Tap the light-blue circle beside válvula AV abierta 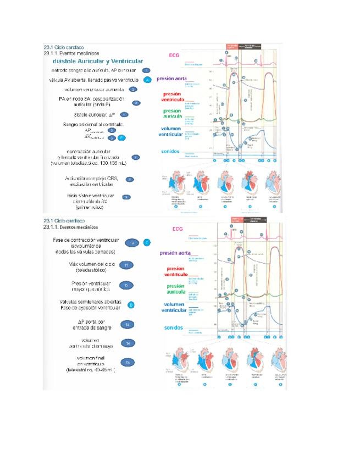click(147, 80)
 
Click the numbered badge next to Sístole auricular click(124, 114)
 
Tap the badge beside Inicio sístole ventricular click(126, 197)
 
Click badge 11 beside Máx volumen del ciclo click(127, 265)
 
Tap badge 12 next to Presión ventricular click(127, 285)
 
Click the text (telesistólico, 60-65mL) click(91, 370)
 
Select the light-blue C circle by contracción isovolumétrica click(147, 242)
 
